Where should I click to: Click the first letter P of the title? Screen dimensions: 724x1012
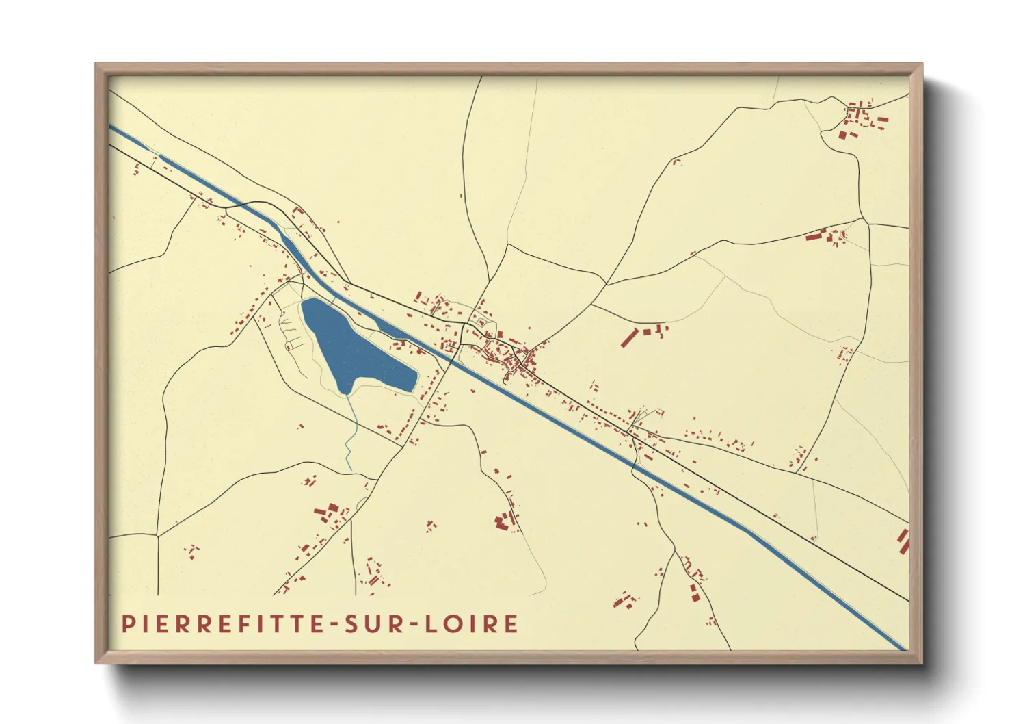[x=127, y=624]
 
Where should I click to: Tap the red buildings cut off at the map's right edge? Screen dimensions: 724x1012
[x=904, y=541]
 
